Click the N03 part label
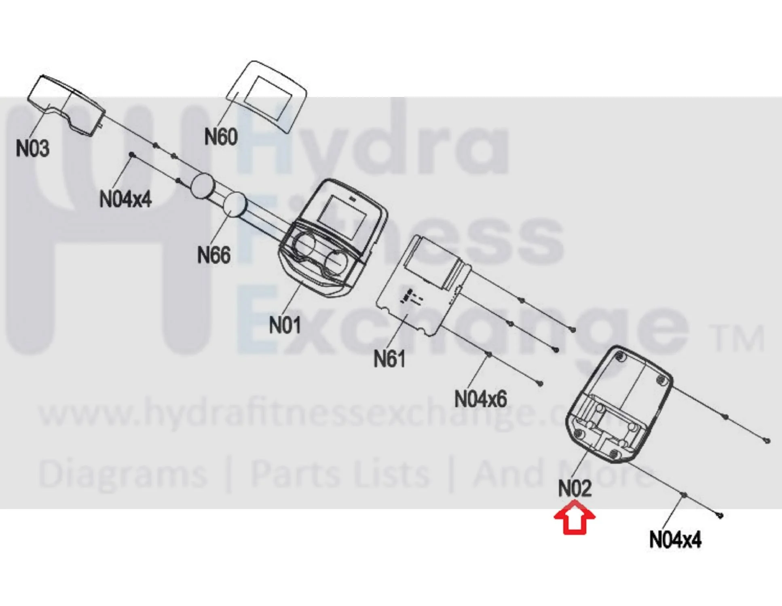[x=33, y=148]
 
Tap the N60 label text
[x=221, y=137]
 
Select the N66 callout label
[x=214, y=255]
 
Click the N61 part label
[x=389, y=359]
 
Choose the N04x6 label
[x=480, y=399]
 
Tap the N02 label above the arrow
[x=575, y=488]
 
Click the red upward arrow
[x=574, y=517]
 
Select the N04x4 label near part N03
[x=125, y=199]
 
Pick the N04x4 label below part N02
[x=675, y=539]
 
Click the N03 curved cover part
[x=67, y=104]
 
